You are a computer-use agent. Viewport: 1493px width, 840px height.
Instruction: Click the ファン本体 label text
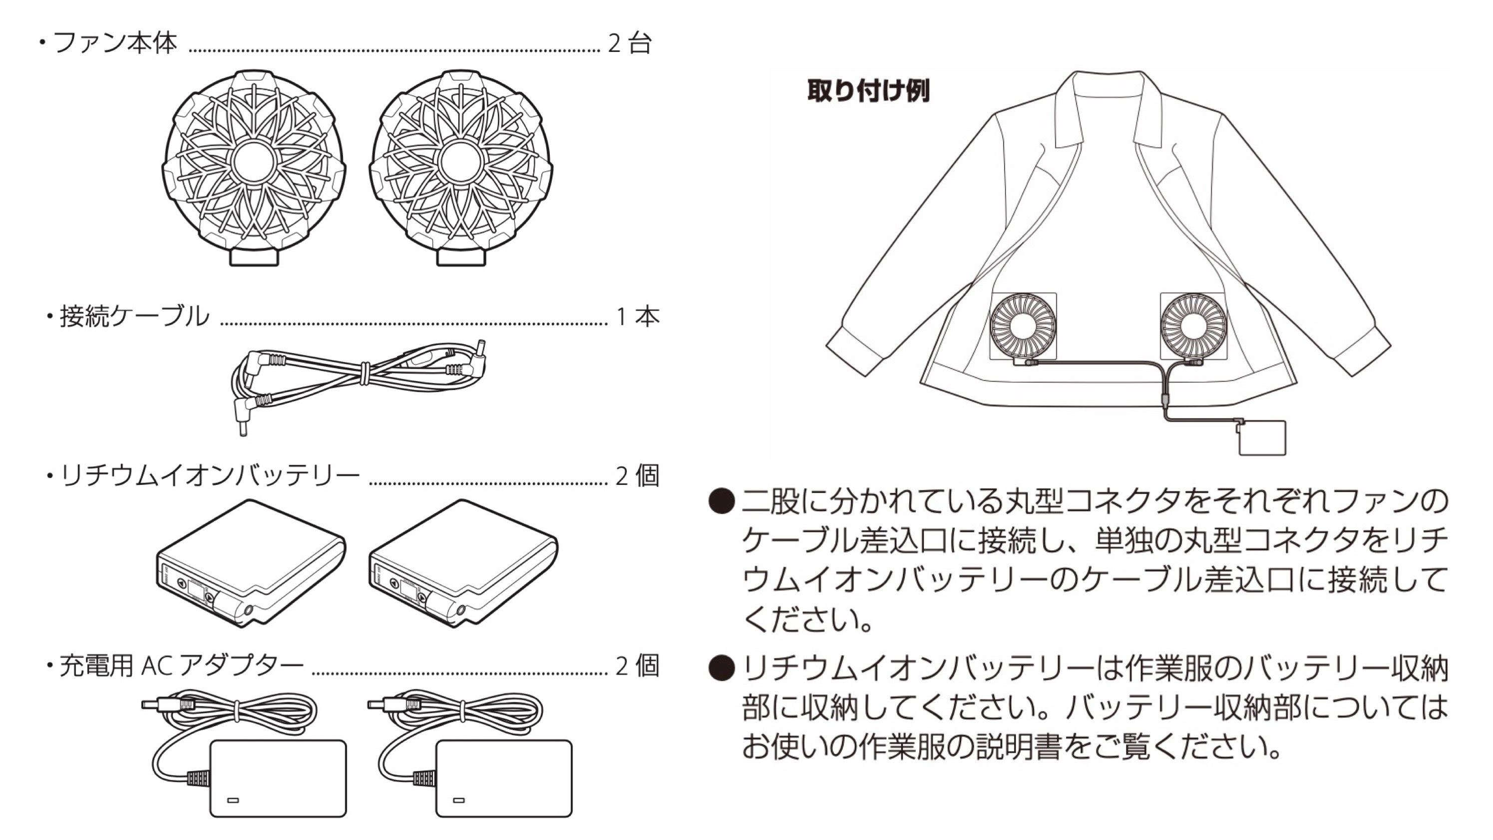[115, 43]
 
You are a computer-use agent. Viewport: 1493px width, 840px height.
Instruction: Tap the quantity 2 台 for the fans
[630, 43]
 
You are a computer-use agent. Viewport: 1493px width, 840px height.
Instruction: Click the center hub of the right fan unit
[461, 162]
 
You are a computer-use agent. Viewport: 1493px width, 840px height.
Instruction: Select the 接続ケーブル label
[134, 317]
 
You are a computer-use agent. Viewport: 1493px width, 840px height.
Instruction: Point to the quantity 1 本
[638, 317]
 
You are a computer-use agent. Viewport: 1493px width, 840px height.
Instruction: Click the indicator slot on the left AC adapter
[233, 801]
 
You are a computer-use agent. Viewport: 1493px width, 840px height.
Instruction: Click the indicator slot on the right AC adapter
[459, 801]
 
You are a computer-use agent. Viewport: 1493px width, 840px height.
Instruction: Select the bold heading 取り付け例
[868, 91]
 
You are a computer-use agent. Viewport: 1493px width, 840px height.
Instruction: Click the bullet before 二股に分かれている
[722, 501]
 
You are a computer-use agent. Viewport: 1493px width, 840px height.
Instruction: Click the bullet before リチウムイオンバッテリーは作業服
[722, 668]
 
